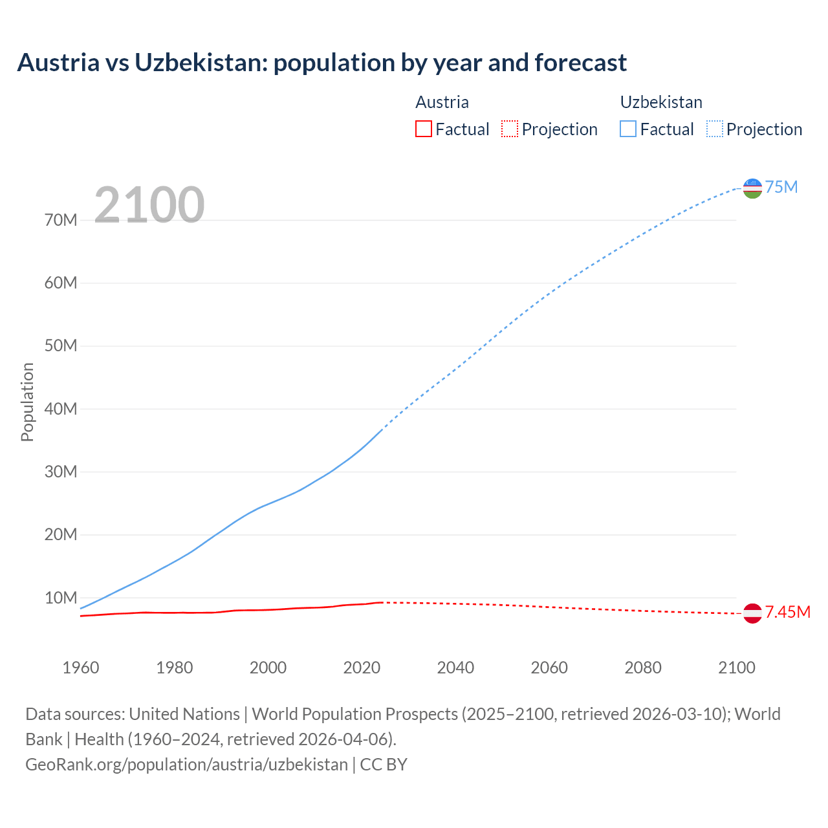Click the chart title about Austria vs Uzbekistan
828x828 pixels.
[x=321, y=63]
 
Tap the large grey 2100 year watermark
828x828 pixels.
[x=149, y=205]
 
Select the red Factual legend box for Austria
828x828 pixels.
[x=423, y=129]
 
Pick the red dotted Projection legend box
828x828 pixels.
[x=510, y=129]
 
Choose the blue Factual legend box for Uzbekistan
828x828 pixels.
[x=627, y=129]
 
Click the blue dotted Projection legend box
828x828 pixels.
[x=714, y=129]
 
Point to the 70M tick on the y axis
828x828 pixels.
[x=61, y=221]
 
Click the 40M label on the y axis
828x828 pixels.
[x=61, y=409]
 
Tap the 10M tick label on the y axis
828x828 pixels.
[x=61, y=598]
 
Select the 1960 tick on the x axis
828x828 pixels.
[x=81, y=668]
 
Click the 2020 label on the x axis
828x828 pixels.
[x=362, y=668]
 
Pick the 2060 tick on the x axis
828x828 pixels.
[x=549, y=668]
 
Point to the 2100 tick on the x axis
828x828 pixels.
[x=736, y=668]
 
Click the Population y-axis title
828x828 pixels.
[x=27, y=402]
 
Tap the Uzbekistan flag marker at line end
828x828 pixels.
[x=752, y=188]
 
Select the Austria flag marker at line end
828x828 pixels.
[x=752, y=613]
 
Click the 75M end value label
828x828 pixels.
[x=781, y=188]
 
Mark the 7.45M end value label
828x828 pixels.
[x=787, y=613]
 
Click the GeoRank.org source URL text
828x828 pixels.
[x=186, y=765]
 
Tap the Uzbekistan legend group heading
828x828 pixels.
[x=661, y=102]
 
